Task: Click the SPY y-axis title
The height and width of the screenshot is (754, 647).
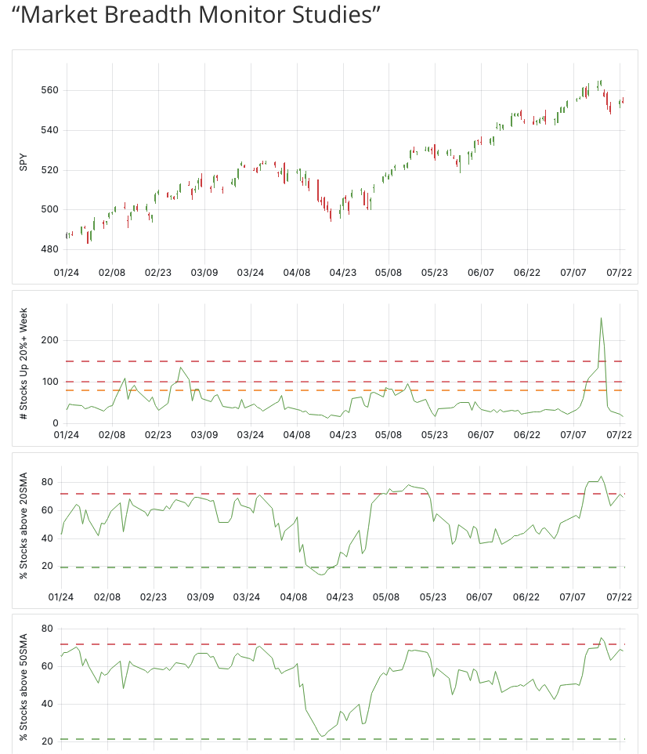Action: (x=23, y=163)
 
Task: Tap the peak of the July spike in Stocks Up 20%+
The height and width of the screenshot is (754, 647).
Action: (x=601, y=317)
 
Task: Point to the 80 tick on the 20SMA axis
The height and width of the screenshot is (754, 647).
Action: (x=47, y=482)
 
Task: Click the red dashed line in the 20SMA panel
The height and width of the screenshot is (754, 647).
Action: (x=235, y=494)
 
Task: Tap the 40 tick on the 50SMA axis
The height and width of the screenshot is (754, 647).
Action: (x=47, y=704)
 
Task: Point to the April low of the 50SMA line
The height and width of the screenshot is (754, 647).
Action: (x=322, y=736)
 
